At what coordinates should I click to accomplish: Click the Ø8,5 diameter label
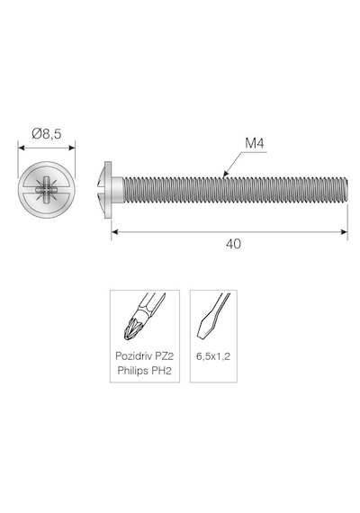tap(47, 134)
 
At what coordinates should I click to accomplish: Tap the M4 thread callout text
tap(255, 143)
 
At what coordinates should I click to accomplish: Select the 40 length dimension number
tap(233, 244)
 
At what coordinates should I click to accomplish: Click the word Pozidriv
tap(133, 356)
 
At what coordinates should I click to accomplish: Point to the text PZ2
tap(163, 356)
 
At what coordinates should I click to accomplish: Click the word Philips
tap(133, 371)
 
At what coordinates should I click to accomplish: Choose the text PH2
tap(162, 371)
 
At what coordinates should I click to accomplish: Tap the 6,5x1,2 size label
tap(213, 356)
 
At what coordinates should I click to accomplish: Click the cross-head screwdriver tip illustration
tap(144, 317)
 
